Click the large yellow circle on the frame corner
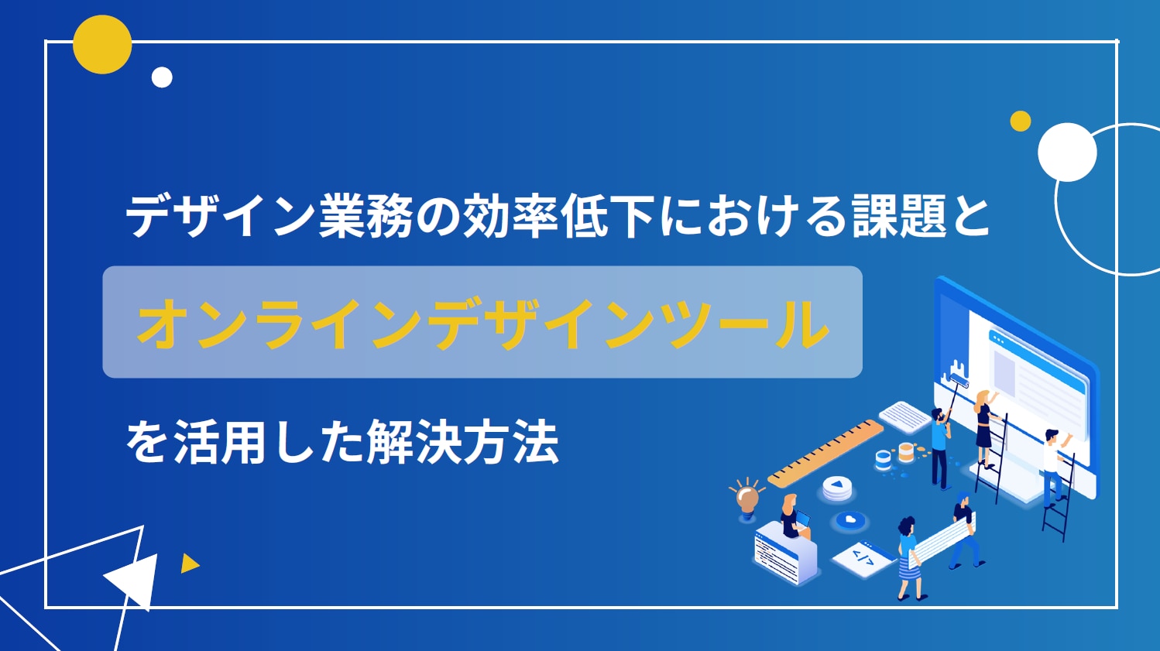pos(102,44)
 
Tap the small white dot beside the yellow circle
pos(162,77)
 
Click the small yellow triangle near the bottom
pos(189,564)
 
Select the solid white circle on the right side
pos(1067,152)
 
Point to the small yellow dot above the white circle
pos(1021,121)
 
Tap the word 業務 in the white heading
pos(366,216)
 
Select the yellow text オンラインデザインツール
pos(482,324)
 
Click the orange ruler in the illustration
pos(825,454)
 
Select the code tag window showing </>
pos(863,558)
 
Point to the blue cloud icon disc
pos(849,519)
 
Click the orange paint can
pos(906,452)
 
